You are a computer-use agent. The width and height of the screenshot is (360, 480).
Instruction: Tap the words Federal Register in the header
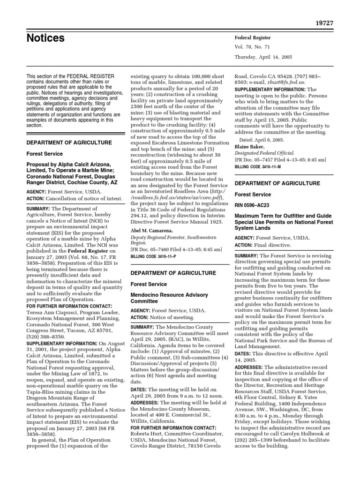pyautogui.click(x=252, y=37)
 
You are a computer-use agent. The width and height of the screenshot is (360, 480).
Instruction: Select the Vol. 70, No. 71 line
pyautogui.click(x=254, y=47)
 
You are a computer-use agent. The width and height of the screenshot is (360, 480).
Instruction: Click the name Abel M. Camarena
pyautogui.click(x=153, y=231)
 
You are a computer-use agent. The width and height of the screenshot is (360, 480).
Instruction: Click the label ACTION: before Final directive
pyautogui.click(x=244, y=245)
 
